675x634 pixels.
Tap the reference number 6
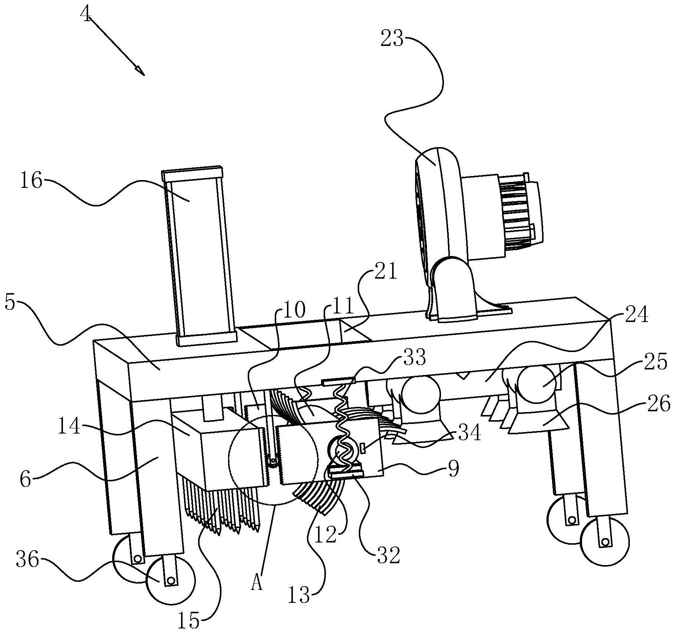(x=25, y=480)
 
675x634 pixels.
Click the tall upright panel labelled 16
(x=200, y=256)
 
